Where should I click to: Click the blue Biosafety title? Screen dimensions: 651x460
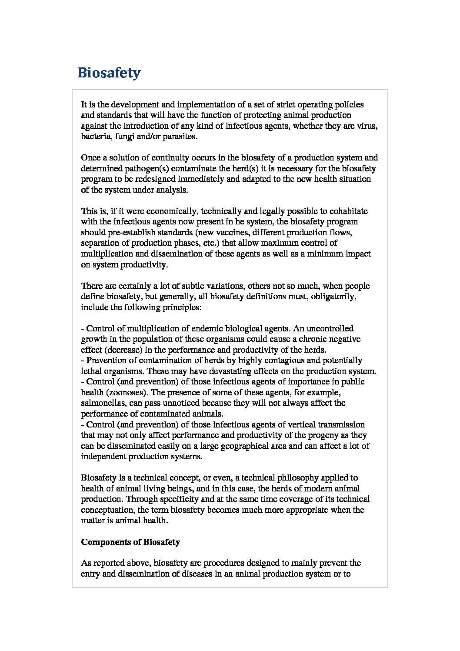(x=109, y=73)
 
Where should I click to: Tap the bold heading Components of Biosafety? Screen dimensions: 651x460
(x=130, y=542)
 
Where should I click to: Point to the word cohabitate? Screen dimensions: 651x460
(x=347, y=211)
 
